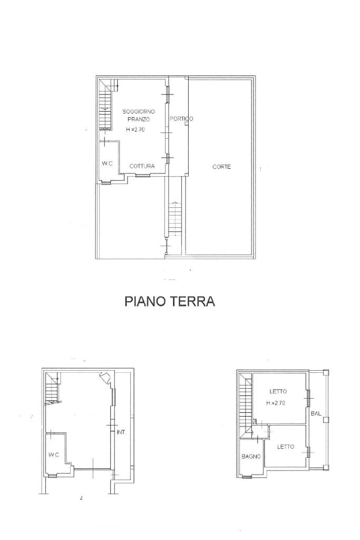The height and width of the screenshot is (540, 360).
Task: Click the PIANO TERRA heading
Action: (170, 301)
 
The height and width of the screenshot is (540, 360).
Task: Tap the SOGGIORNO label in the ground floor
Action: (139, 112)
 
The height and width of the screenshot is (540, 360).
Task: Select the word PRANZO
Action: (139, 120)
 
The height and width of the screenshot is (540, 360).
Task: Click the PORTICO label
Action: (181, 119)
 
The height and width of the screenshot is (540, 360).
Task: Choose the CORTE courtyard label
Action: (222, 167)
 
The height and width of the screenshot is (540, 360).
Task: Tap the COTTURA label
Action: (142, 166)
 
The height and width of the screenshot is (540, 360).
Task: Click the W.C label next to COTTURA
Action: (107, 163)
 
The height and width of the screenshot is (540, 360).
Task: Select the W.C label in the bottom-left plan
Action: (54, 455)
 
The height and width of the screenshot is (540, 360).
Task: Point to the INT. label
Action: (121, 432)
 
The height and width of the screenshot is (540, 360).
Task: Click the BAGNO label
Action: (251, 456)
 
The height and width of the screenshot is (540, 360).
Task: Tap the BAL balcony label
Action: (316, 413)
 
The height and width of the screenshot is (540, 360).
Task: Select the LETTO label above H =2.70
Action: (278, 391)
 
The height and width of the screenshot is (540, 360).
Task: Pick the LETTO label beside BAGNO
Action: (286, 447)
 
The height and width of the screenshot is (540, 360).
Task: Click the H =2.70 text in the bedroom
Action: (275, 403)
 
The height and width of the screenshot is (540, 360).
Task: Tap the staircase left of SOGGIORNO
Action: (106, 105)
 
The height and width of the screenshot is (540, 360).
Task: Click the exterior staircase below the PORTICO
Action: (174, 219)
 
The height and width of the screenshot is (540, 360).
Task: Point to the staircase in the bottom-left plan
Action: (52, 389)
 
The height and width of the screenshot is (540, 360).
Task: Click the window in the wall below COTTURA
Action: (142, 176)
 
